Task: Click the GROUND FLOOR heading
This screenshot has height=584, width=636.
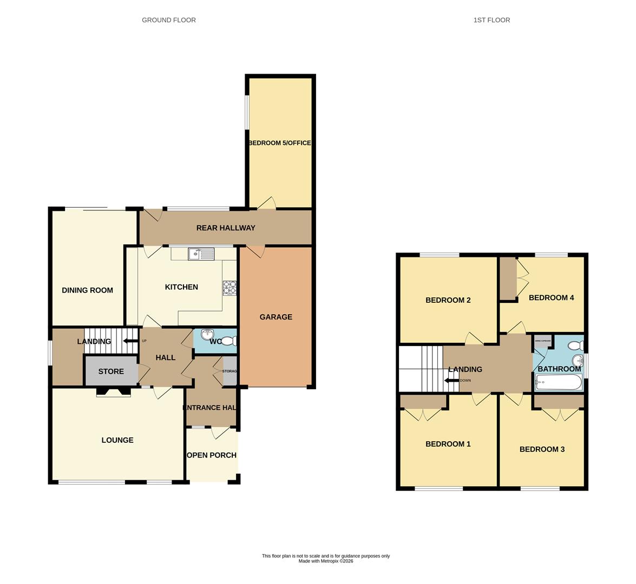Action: (168, 20)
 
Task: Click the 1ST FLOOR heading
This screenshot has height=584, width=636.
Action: (491, 20)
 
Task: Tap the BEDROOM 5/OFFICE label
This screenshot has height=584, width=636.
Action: (279, 143)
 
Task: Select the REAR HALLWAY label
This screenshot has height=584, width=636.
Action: (225, 228)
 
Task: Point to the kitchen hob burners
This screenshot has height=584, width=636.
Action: (230, 288)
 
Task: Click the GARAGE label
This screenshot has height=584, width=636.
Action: (276, 317)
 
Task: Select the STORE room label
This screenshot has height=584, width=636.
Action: (111, 371)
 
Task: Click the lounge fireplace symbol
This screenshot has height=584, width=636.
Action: (114, 393)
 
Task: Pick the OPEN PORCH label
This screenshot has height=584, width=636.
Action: (212, 455)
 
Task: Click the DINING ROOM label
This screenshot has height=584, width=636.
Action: (87, 290)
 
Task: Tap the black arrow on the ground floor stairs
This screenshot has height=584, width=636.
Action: (129, 341)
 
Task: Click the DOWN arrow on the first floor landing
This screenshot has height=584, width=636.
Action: (450, 380)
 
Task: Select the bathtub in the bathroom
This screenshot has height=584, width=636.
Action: (558, 383)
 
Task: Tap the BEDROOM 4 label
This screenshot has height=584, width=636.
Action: (551, 297)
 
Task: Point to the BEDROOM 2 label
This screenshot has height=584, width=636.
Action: (448, 300)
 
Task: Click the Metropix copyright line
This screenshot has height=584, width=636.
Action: (326, 561)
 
